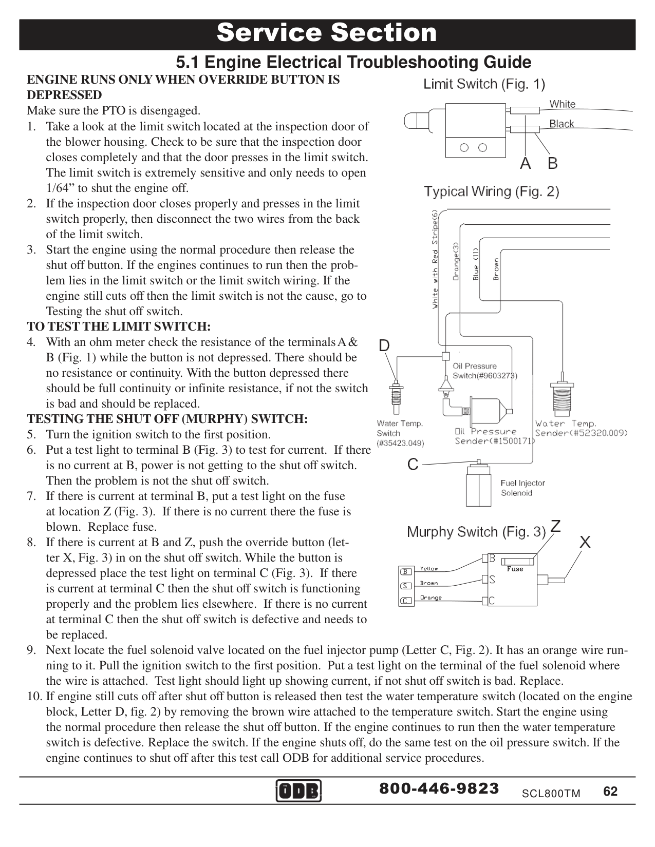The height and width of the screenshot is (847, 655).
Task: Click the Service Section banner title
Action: [327, 33]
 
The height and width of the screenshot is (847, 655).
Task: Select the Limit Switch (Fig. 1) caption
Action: [484, 84]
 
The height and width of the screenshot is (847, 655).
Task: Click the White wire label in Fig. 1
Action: [563, 104]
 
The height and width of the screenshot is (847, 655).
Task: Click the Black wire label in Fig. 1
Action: [562, 124]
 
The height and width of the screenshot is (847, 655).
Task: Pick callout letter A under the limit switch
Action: [525, 163]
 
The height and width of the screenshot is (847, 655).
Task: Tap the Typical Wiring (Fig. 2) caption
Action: [492, 192]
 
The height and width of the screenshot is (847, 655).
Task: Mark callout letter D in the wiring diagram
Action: [384, 345]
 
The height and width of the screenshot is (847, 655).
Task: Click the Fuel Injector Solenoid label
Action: [522, 488]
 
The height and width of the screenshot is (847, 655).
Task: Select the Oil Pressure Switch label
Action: [484, 371]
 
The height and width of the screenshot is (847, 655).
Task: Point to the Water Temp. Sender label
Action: [581, 428]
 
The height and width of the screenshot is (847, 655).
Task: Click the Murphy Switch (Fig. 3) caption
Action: [476, 532]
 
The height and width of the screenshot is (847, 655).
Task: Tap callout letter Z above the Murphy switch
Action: [555, 526]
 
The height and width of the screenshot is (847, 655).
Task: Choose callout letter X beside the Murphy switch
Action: [585, 542]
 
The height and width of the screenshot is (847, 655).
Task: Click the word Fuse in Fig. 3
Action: [515, 569]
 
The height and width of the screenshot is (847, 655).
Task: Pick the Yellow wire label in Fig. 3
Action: [429, 569]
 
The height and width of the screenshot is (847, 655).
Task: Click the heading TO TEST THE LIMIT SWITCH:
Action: [119, 327]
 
